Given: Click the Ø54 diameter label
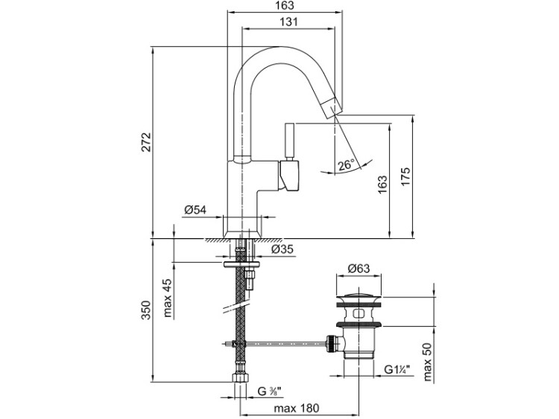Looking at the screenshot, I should click(x=195, y=211).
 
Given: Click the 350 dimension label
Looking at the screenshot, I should click(x=146, y=310).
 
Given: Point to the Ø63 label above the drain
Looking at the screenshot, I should click(x=359, y=269).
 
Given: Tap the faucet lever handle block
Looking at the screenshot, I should click(x=290, y=176).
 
